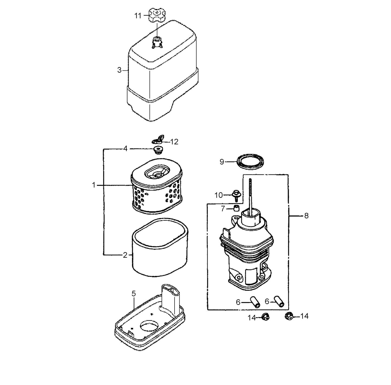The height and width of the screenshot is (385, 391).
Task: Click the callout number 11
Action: coord(138,16)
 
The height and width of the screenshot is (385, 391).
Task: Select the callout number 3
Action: coord(119,70)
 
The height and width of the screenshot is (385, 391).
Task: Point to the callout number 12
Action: coord(174,142)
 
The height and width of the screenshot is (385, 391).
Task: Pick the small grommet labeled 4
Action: coord(157,150)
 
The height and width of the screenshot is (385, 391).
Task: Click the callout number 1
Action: coord(94,185)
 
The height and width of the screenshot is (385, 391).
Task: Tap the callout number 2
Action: coord(125,255)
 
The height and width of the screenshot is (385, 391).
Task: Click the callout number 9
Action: coord(222,162)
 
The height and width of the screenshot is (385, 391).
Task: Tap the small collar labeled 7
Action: coord(237,208)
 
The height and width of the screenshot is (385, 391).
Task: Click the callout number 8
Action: coord(306,216)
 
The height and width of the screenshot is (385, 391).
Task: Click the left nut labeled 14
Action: coord(265,317)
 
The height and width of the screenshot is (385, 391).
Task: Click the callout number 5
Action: coord(133,294)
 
